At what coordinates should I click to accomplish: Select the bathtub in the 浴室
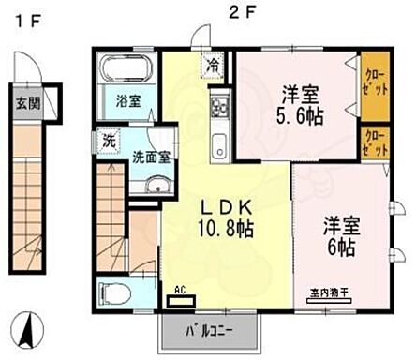click(126, 70)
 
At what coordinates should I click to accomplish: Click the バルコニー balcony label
click(209, 331)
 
